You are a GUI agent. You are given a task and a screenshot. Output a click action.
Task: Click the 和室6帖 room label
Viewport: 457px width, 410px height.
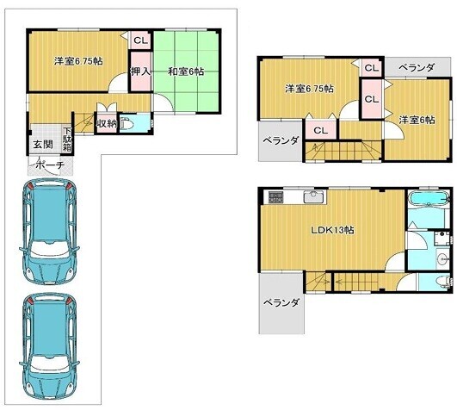(186, 71)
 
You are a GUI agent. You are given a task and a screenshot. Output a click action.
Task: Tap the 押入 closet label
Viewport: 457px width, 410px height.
(141, 71)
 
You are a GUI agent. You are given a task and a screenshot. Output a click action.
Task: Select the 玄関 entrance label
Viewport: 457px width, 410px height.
(42, 144)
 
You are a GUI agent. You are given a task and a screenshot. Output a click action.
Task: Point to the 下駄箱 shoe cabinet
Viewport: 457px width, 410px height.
(67, 140)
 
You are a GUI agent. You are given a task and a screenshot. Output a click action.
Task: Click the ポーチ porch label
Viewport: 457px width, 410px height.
(50, 165)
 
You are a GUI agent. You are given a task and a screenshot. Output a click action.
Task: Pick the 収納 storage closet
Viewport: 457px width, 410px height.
(107, 124)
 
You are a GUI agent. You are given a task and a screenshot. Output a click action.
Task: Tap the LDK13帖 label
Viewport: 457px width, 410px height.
(332, 230)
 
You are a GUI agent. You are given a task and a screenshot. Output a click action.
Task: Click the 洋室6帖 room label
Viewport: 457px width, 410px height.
(417, 120)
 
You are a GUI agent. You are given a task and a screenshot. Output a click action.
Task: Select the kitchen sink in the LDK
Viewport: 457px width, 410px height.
(313, 197)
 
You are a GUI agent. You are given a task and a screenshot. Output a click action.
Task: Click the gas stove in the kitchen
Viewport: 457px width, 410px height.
(275, 197)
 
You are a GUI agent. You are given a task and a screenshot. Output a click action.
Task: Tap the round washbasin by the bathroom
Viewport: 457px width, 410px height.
(443, 258)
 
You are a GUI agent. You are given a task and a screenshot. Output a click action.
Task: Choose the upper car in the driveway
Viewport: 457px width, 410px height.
(50, 232)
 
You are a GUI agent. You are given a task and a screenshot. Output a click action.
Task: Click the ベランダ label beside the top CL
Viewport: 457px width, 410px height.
(417, 68)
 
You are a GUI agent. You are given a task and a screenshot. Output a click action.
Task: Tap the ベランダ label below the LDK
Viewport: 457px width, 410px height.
(281, 302)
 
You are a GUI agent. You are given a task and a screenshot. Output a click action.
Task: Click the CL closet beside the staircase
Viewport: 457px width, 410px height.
(321, 130)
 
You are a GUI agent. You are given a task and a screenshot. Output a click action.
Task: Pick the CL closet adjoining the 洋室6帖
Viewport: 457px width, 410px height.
(372, 99)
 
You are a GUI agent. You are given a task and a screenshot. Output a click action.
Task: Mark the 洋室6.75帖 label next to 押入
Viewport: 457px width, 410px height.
(78, 61)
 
